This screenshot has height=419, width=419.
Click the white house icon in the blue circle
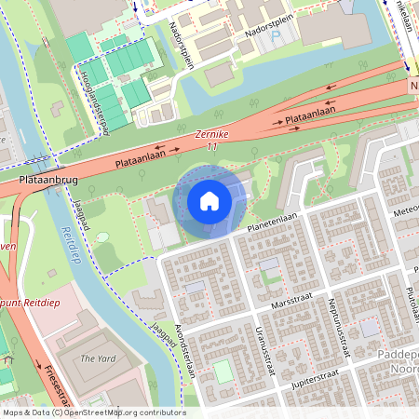(209, 200)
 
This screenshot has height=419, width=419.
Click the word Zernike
(211, 135)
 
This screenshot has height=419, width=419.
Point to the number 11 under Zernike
(212, 147)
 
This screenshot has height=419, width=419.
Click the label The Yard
(97, 358)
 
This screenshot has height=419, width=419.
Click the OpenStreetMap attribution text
(94, 412)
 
